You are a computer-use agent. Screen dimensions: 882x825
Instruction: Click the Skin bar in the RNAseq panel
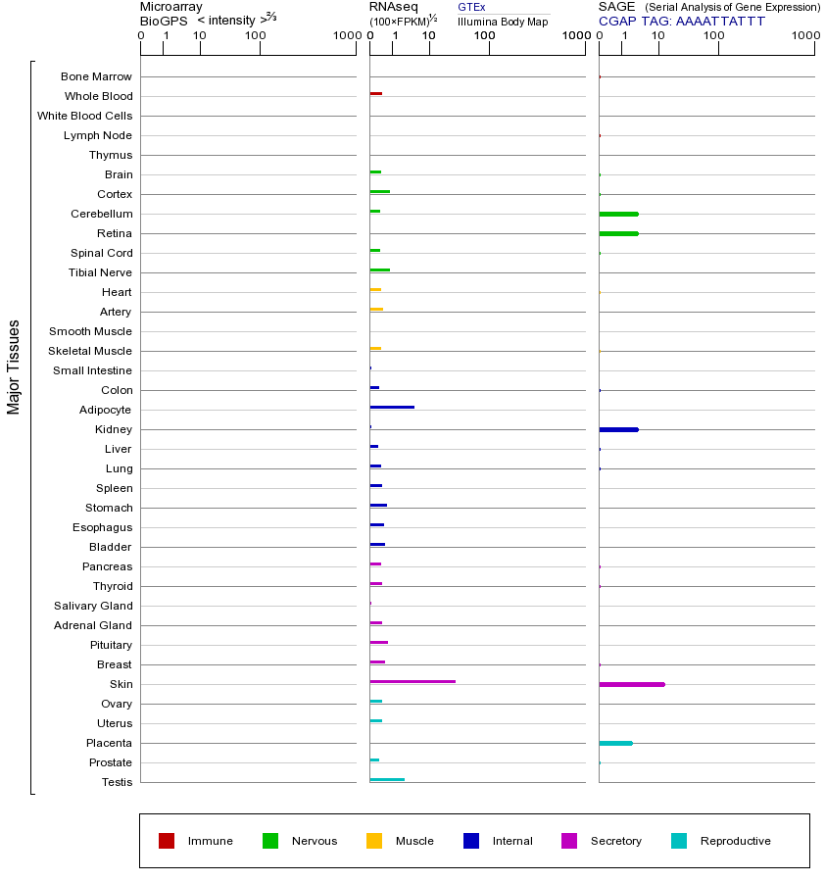point(412,681)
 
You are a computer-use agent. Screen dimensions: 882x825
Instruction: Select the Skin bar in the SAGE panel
point(632,684)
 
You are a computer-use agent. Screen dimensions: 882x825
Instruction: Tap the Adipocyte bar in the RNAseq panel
point(392,407)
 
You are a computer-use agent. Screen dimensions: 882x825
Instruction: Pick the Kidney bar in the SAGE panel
point(618,429)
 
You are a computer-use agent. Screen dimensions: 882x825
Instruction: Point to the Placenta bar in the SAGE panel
point(615,743)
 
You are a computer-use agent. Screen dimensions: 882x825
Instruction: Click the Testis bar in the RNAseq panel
point(387,779)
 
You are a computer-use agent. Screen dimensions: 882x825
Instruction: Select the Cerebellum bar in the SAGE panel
point(618,214)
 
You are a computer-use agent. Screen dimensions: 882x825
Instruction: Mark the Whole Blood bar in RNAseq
point(376,93)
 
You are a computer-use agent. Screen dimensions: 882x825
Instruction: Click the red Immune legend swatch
point(167,841)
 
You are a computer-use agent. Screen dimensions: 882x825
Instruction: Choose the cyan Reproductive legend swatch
point(679,841)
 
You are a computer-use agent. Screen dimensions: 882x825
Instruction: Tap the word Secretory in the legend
point(616,841)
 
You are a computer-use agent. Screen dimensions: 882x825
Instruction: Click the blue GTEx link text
point(471,7)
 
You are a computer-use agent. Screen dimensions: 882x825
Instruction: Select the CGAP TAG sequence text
point(720,21)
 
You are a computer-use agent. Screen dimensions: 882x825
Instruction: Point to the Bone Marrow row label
point(96,76)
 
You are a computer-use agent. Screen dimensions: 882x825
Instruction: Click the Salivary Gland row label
point(93,606)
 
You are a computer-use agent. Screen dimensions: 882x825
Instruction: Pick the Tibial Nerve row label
point(100,272)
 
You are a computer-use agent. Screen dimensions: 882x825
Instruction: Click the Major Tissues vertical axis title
point(14,367)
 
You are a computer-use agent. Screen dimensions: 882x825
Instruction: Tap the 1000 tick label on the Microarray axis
point(345,36)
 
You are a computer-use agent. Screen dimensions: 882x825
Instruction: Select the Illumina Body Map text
point(503,22)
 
